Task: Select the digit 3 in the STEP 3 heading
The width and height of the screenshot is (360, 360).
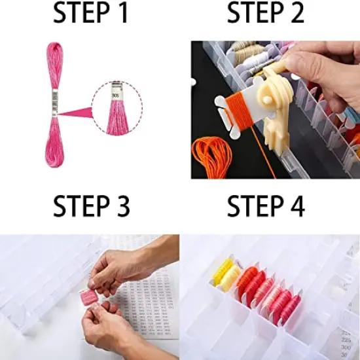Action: (121, 206)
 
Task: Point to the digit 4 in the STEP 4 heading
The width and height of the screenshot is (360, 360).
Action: (297, 206)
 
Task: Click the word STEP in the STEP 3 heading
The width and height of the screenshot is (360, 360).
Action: (80, 206)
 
